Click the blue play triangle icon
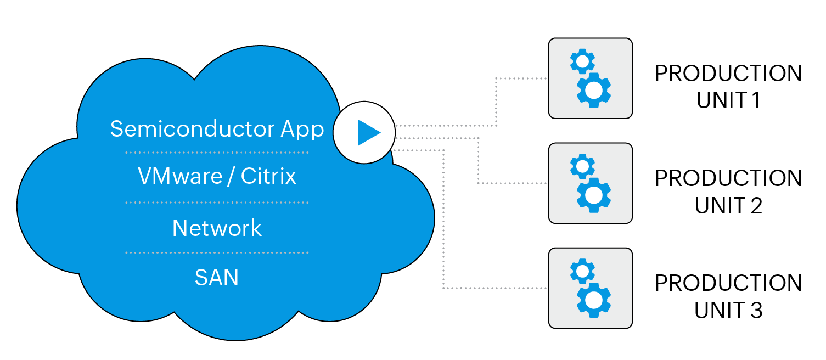point(368,132)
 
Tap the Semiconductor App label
point(217,129)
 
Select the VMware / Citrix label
point(217,176)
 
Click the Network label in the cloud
point(217,228)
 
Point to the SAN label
point(217,278)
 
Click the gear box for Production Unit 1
point(591,78)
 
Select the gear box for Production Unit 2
point(591,183)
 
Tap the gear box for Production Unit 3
point(591,288)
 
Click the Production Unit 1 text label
point(728,87)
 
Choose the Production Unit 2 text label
point(728,192)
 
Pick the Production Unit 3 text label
point(728,296)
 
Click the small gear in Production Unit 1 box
point(582,61)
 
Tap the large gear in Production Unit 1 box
point(594,90)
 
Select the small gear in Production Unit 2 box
point(582,166)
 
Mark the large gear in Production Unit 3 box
point(594,300)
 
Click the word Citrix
point(268,176)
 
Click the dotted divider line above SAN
point(217,253)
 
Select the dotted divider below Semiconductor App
point(217,152)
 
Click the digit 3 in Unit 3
point(756,311)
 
